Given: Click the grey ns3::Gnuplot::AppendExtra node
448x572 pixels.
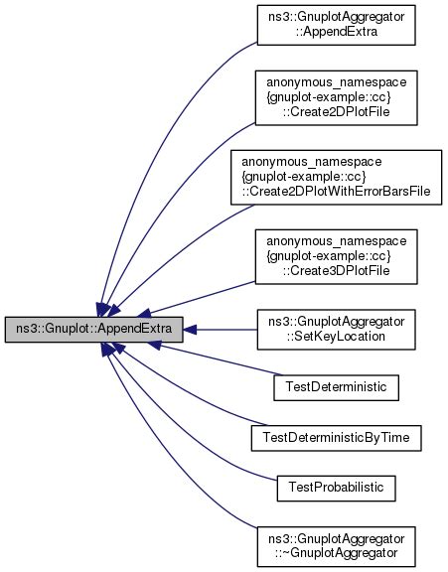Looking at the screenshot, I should [93, 326].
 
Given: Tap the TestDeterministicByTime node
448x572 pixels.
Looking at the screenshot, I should [336, 436].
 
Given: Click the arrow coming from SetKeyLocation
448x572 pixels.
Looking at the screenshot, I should [224, 326].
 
